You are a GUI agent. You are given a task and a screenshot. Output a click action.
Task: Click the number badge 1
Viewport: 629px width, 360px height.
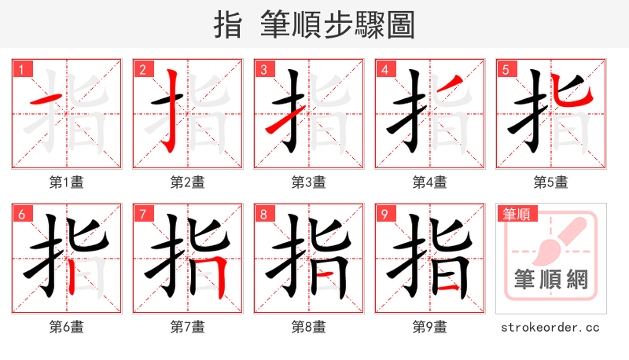(x=22, y=69)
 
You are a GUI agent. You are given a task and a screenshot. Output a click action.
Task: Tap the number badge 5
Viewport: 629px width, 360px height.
(x=506, y=69)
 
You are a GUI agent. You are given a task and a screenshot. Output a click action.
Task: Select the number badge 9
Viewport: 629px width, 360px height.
(x=385, y=214)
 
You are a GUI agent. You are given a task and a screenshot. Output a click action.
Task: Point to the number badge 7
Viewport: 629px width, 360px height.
(x=143, y=214)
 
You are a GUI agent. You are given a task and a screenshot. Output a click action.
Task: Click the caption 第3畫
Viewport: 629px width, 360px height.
(x=308, y=182)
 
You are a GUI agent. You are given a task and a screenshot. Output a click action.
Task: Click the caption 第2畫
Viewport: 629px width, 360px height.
(x=187, y=182)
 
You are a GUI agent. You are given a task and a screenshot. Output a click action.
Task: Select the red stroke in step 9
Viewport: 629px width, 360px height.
(x=449, y=289)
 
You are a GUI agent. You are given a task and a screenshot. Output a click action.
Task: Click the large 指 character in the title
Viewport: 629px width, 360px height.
(x=228, y=24)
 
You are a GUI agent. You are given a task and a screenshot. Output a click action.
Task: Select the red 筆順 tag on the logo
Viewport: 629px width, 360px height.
(x=517, y=213)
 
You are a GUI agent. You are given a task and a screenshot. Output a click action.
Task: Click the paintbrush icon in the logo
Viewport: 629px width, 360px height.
(x=554, y=239)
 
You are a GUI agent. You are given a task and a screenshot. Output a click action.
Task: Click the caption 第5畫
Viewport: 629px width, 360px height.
(x=550, y=182)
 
